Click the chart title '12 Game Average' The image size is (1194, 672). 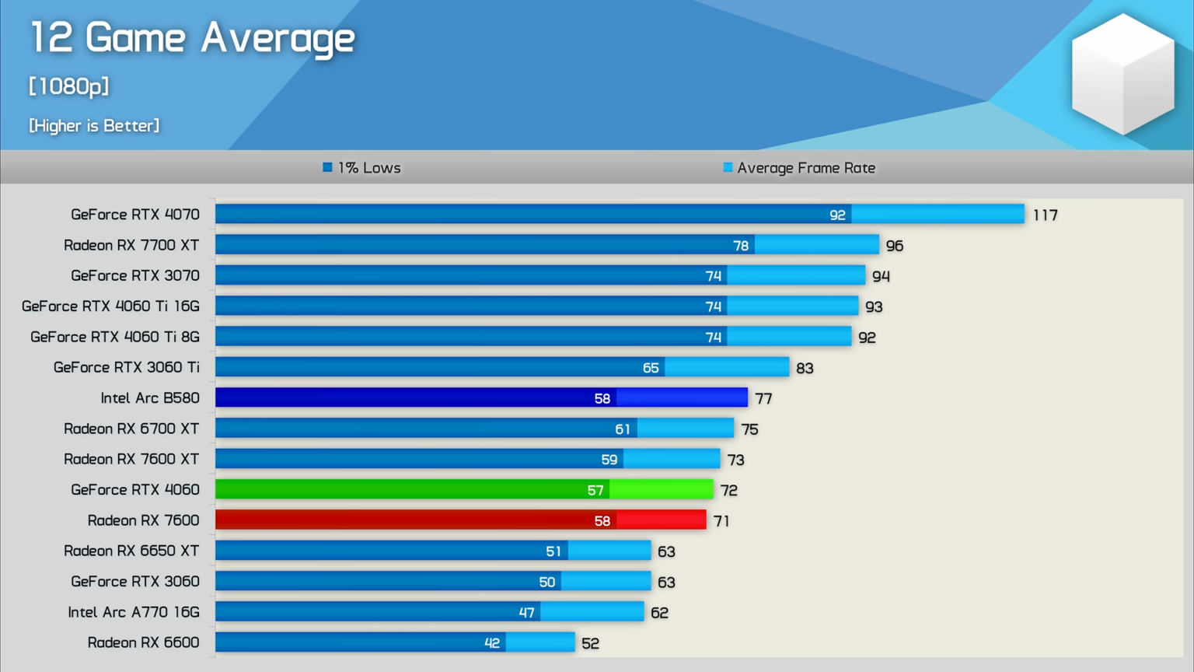pos(192,38)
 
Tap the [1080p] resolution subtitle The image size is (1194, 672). pos(69,86)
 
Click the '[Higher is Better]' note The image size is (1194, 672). pos(94,125)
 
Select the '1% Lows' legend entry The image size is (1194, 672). pos(362,168)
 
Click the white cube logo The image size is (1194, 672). pos(1122,74)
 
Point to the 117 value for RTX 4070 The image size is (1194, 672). pos(1045,215)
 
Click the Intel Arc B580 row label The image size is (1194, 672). pos(150,398)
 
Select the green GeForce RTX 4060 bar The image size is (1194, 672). pos(464,489)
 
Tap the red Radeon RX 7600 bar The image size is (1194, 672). pos(460,520)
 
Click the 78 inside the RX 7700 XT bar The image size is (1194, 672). pos(741,246)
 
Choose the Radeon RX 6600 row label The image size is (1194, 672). pos(143,642)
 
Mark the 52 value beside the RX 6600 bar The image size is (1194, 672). pos(590,643)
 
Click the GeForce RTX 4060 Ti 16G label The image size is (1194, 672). pos(110,306)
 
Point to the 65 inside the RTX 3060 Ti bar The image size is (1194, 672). pos(651,368)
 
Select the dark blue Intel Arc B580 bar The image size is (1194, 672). pos(481,397)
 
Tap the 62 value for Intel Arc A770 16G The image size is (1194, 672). pos(659,613)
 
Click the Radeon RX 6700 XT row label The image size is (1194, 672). pos(131,429)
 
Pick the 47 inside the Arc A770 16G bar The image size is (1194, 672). pos(526,613)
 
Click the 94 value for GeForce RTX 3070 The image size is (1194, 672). pos(881,276)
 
